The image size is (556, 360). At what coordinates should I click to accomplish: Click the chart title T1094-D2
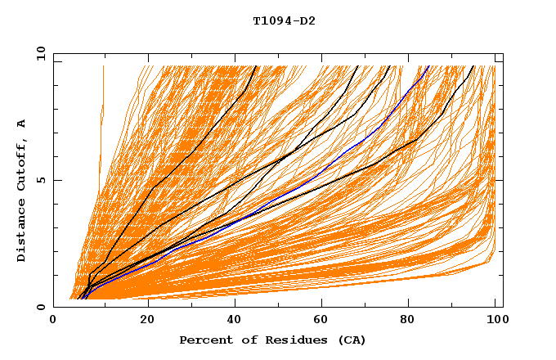[284, 21]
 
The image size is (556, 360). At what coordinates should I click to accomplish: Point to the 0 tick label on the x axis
[53, 321]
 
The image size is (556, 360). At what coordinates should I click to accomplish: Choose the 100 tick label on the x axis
[494, 321]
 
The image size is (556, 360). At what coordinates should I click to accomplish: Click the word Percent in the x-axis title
[204, 340]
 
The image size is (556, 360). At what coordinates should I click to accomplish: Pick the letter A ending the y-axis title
[21, 124]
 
